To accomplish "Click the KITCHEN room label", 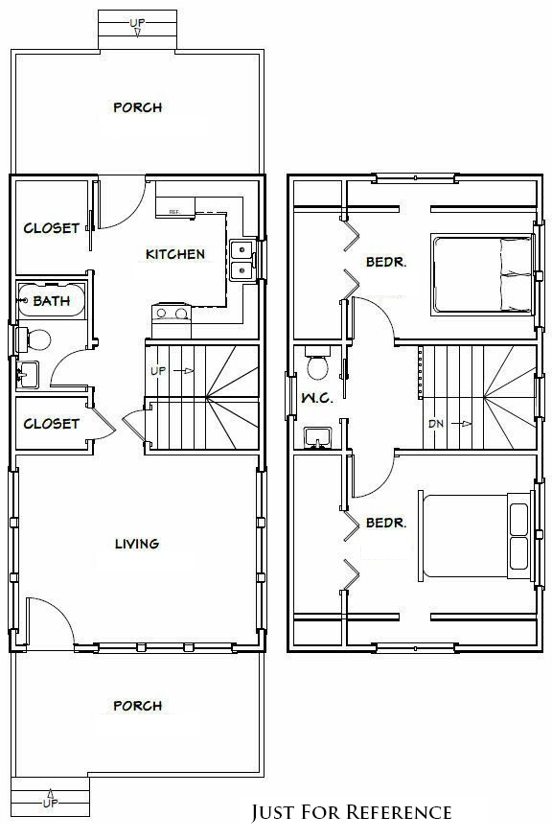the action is pyautogui.click(x=175, y=254).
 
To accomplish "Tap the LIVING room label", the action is pyautogui.click(x=137, y=544).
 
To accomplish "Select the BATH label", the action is pyautogui.click(x=52, y=301).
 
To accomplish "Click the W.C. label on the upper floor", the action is pyautogui.click(x=317, y=398).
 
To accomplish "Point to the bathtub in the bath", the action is pyautogui.click(x=52, y=300).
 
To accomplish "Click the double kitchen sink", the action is pyautogui.click(x=242, y=261).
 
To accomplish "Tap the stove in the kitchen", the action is pyautogui.click(x=172, y=320).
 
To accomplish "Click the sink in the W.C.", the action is pyautogui.click(x=317, y=437).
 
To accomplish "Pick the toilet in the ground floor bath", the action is pyautogui.click(x=34, y=339).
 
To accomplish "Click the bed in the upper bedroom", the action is pyautogui.click(x=482, y=273).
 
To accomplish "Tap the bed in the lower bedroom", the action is pyautogui.click(x=475, y=536).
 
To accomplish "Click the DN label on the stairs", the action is pyautogui.click(x=436, y=424).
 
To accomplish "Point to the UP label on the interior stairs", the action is pyautogui.click(x=158, y=371).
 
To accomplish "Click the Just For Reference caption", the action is pyautogui.click(x=352, y=812).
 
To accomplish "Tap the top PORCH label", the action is pyautogui.click(x=138, y=107).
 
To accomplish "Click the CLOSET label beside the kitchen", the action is pyautogui.click(x=52, y=228).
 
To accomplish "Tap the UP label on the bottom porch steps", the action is pyautogui.click(x=51, y=803).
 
